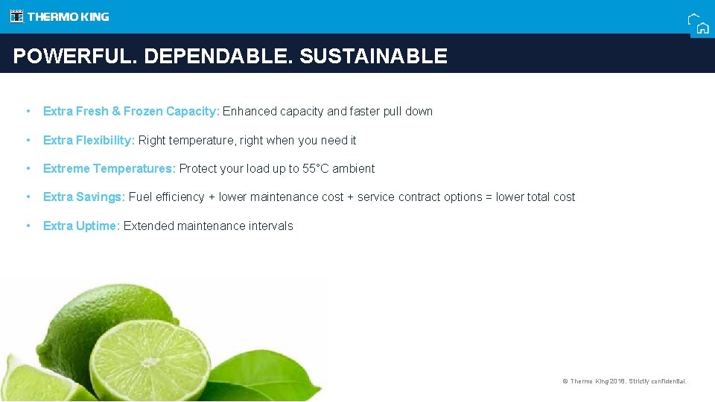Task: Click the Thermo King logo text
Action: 68,16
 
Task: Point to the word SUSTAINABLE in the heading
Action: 373,57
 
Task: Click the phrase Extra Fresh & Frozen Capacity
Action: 131,112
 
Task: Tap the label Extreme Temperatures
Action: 109,169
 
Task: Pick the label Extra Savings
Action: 83,197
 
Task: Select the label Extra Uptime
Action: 81,226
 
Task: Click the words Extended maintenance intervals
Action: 209,226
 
